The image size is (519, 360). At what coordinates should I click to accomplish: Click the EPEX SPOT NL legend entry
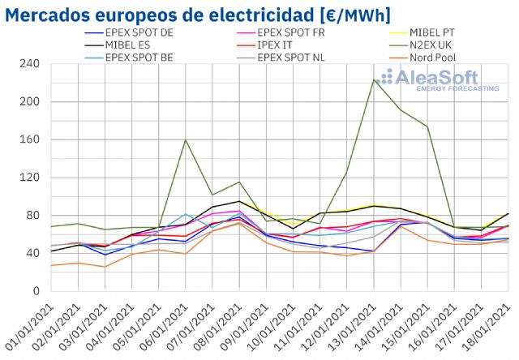[x=291, y=58]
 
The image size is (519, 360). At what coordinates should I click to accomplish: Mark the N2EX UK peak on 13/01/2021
[x=374, y=79]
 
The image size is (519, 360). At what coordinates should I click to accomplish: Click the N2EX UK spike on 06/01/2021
[x=186, y=140]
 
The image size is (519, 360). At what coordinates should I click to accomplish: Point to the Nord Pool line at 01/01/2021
[x=51, y=265]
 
